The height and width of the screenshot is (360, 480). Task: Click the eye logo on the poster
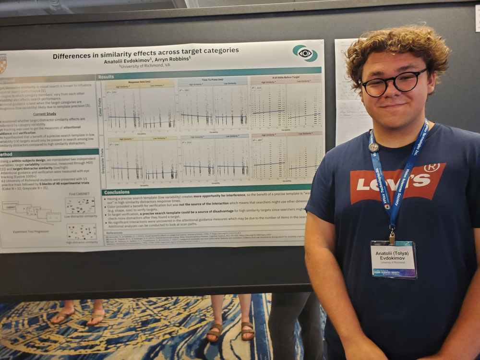point(305,53)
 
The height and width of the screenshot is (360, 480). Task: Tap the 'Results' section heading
point(107,77)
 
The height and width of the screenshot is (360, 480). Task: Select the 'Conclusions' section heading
point(117,192)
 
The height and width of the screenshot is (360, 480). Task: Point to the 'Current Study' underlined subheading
point(45,114)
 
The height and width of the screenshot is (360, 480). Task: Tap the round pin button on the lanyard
point(374,147)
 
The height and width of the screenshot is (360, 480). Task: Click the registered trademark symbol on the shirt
point(432,168)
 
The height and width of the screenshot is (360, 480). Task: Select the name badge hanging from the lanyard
point(394,259)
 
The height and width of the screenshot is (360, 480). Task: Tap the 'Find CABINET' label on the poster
point(79,193)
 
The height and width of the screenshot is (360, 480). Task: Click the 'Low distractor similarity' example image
point(80,205)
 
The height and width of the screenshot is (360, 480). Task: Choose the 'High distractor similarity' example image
point(82,231)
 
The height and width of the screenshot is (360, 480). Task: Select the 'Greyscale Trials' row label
point(101,161)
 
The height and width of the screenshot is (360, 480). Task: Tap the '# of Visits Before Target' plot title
point(286,77)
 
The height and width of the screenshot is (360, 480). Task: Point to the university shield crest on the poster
point(3,63)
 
